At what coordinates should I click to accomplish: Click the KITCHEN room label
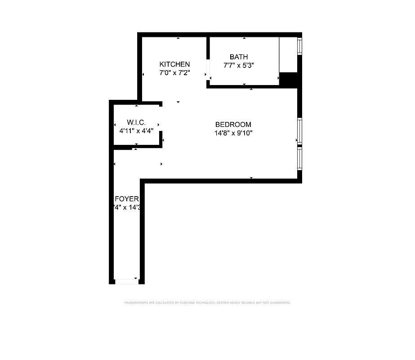(x=174, y=64)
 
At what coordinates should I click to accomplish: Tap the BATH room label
(x=239, y=57)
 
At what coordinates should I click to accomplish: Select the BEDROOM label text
(x=233, y=125)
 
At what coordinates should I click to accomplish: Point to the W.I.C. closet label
(x=136, y=122)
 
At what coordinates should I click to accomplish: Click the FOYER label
(x=127, y=199)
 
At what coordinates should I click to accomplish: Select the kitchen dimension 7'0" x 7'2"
(x=174, y=72)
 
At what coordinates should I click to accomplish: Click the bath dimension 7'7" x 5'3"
(x=239, y=65)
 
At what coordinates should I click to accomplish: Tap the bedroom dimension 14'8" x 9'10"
(x=233, y=133)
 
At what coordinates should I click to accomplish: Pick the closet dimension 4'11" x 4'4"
(x=136, y=130)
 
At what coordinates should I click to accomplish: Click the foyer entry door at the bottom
(x=126, y=282)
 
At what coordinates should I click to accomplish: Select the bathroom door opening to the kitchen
(x=208, y=69)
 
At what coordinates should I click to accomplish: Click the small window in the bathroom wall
(x=299, y=46)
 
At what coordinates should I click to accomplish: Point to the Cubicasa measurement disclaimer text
(x=207, y=303)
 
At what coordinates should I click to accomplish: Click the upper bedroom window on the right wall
(x=299, y=131)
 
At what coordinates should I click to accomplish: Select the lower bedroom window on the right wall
(x=299, y=158)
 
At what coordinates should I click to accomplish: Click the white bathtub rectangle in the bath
(x=288, y=54)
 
